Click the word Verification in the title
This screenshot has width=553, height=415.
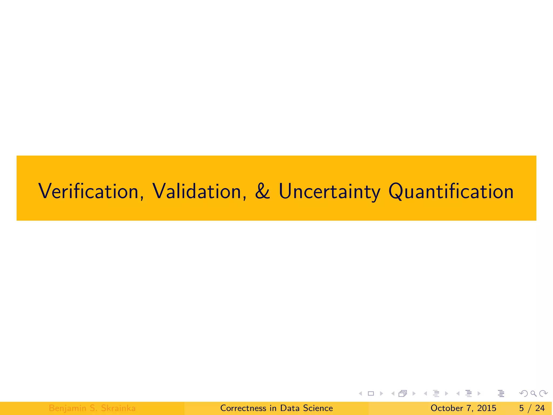89,191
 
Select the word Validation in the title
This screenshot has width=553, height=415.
197,191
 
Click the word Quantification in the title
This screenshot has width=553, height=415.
451,191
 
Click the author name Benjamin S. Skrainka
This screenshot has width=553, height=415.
92,408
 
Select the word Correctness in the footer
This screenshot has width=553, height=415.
243,408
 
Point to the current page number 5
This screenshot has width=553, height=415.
521,408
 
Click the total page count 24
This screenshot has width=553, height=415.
540,408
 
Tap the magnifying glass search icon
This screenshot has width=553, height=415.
533,393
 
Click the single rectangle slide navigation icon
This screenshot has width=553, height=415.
371,393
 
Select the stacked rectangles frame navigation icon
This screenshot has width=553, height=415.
403,393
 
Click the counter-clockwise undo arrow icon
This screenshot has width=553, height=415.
524,393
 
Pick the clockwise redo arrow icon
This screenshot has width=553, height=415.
543,393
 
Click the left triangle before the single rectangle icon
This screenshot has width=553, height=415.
360,393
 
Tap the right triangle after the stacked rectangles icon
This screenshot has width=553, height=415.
414,393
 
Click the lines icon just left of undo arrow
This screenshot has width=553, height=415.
501,393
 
